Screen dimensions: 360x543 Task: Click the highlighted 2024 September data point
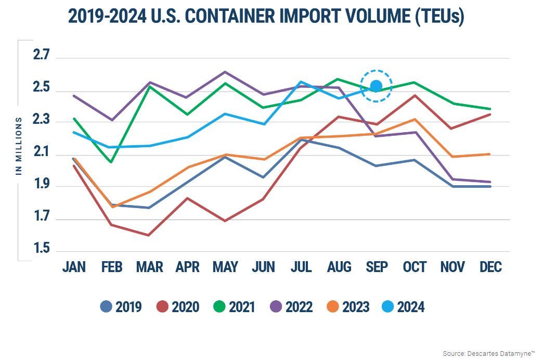point(376,86)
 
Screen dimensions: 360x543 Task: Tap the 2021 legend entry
point(234,307)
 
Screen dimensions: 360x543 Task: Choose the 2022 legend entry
point(291,307)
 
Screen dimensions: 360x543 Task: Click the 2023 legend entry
point(348,307)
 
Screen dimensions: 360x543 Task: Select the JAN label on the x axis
point(74,267)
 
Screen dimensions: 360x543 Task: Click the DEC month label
point(490,267)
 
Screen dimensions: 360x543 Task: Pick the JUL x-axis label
point(301,267)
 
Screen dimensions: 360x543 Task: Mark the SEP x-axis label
point(377,267)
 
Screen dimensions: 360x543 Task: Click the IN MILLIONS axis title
point(19,146)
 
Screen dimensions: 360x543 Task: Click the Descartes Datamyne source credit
point(488,353)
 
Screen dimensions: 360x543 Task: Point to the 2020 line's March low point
point(149,235)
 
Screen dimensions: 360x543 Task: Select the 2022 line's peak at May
point(225,72)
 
